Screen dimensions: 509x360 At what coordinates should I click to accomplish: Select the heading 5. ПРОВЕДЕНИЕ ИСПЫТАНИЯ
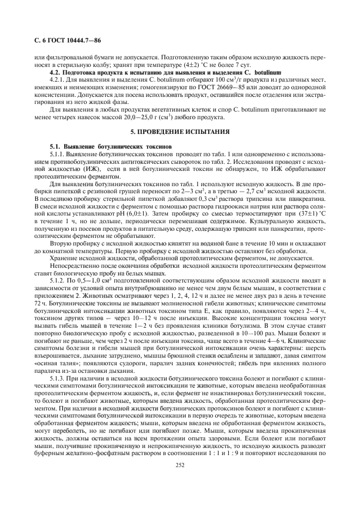pos(180,132)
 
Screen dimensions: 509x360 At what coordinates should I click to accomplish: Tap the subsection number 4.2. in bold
pos(57,72)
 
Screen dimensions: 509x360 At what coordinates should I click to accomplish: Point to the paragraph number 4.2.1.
pos(58,79)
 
